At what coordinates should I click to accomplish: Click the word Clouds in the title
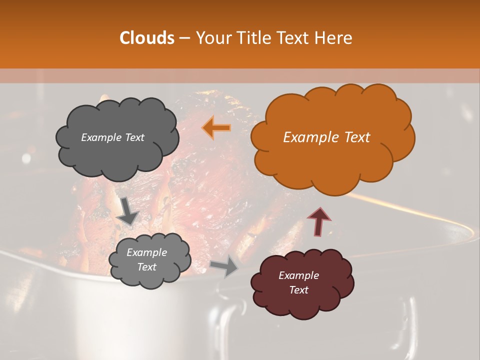(x=147, y=38)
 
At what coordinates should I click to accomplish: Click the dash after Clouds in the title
(x=184, y=38)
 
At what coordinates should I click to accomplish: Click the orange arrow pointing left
(x=216, y=128)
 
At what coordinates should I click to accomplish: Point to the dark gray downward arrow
(x=128, y=210)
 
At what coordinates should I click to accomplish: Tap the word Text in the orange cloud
(x=356, y=137)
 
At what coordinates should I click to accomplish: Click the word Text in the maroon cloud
(x=298, y=290)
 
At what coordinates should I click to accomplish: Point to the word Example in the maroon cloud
(x=298, y=275)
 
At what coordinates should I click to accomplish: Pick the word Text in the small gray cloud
(x=146, y=267)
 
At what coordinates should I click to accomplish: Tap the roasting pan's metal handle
(x=227, y=320)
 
